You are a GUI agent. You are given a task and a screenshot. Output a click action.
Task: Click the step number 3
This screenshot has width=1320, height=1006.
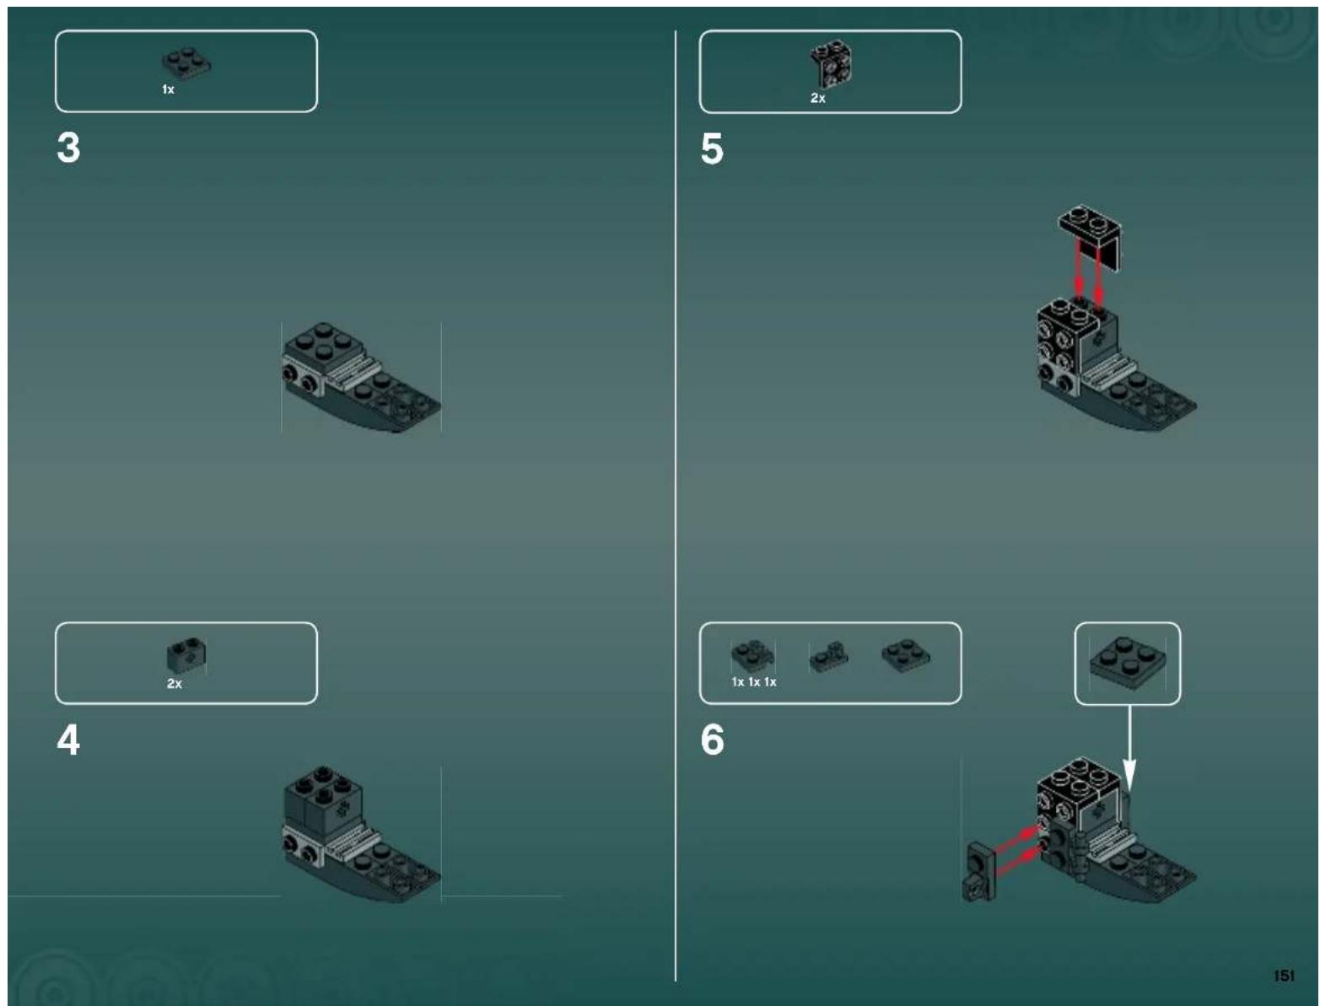(68, 148)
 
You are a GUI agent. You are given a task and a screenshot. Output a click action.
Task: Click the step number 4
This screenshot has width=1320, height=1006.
(68, 740)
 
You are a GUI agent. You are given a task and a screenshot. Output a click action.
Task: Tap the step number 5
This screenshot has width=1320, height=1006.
(712, 148)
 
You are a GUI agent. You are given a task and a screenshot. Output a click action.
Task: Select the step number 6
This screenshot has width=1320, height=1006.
(712, 740)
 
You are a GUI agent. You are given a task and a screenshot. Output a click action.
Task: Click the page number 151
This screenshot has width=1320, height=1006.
(1283, 976)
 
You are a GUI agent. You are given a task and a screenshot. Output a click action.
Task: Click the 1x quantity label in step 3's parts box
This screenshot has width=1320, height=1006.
(168, 89)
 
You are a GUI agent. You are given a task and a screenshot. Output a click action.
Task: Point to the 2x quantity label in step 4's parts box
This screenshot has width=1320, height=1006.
(174, 684)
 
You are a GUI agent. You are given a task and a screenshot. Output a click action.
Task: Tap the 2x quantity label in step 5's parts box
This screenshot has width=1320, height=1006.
(817, 99)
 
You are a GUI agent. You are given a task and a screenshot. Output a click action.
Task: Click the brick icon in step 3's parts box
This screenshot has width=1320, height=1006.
(186, 63)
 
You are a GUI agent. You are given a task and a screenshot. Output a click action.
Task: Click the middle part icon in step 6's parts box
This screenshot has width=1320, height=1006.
(828, 657)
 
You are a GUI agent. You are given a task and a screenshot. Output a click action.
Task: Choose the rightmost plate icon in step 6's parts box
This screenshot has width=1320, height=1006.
(906, 655)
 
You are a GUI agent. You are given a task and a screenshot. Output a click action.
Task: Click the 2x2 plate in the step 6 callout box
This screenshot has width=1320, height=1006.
(1126, 659)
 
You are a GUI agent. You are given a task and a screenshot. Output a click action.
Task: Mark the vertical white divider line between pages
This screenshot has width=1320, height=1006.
(676, 506)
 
